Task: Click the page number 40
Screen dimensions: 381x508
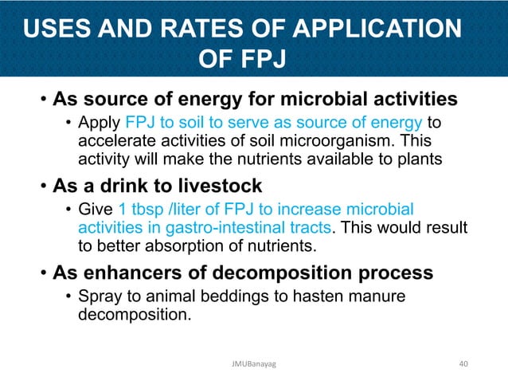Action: (465, 363)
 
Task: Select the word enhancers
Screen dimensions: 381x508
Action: (129, 273)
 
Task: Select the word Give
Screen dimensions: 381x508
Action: (96, 210)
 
